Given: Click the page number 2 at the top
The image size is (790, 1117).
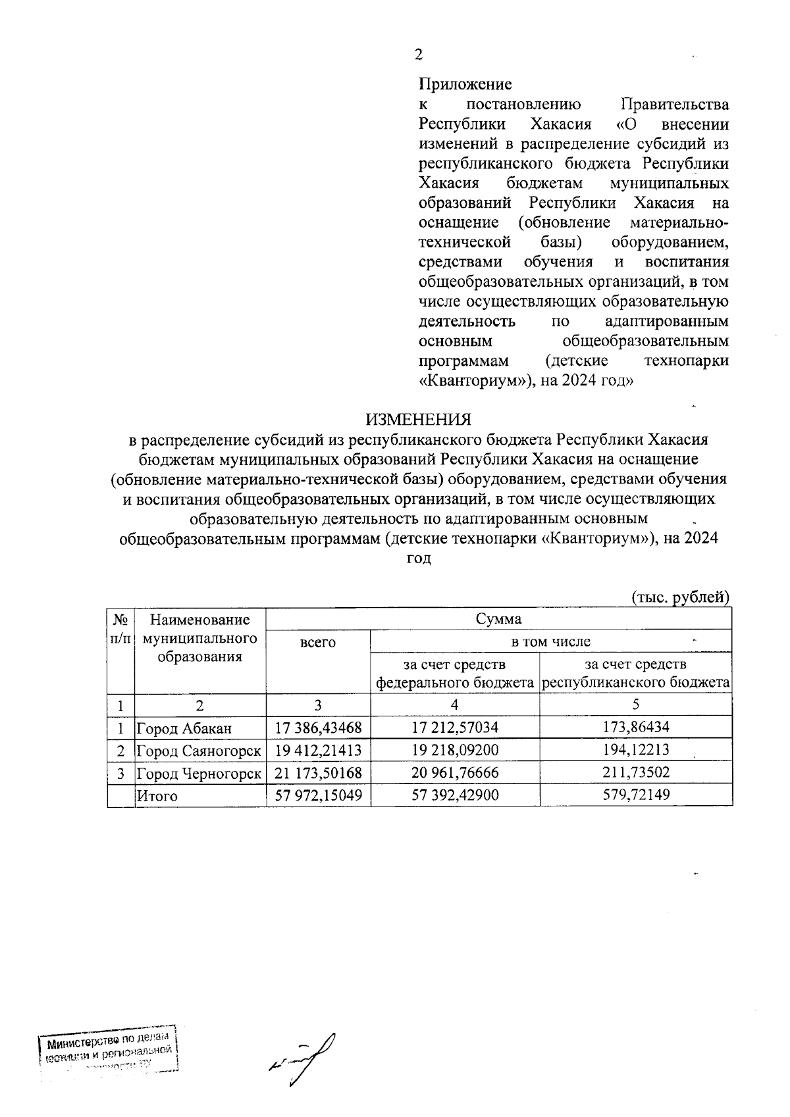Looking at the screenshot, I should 418,55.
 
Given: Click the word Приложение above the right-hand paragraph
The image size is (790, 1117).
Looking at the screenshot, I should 465,84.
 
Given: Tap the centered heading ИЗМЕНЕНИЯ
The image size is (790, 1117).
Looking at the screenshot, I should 419,420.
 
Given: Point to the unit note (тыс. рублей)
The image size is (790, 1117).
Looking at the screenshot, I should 681,597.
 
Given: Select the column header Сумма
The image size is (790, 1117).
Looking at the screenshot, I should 498,619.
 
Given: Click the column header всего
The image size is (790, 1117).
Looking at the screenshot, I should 318,642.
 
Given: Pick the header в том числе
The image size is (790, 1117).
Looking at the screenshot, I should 551,641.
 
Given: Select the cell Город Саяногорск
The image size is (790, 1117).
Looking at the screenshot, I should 198,751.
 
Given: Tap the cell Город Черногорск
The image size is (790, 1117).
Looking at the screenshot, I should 199,773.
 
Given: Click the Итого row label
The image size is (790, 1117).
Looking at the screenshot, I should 157,796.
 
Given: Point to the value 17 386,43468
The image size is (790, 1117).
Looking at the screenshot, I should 319,728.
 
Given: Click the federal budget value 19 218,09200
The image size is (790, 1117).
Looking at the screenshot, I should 455,751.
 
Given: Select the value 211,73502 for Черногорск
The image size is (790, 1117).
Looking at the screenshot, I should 636,773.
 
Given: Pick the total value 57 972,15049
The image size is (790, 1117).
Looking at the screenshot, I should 319,796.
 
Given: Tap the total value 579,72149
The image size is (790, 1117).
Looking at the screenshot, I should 636,796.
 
